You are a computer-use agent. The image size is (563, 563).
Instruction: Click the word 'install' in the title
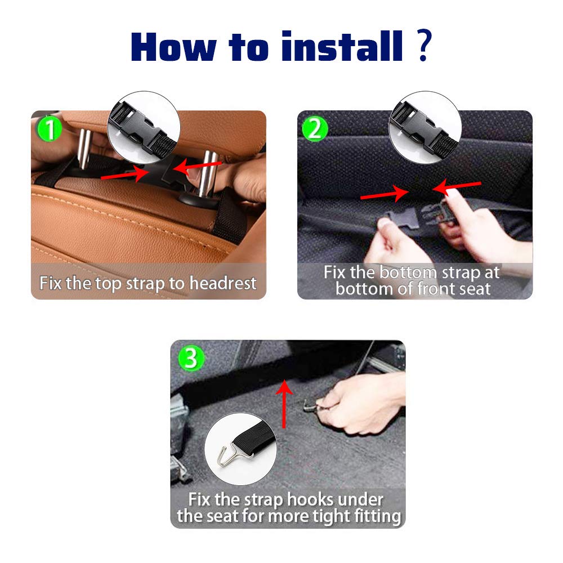342,46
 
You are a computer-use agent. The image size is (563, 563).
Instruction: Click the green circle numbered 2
315,129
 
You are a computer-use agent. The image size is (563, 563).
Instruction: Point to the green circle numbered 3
191,358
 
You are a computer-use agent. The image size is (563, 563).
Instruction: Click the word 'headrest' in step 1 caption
223,283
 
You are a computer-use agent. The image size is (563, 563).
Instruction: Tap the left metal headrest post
84,149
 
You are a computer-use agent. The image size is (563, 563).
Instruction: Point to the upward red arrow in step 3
284,404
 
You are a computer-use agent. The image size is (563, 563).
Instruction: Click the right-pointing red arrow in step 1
125,174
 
